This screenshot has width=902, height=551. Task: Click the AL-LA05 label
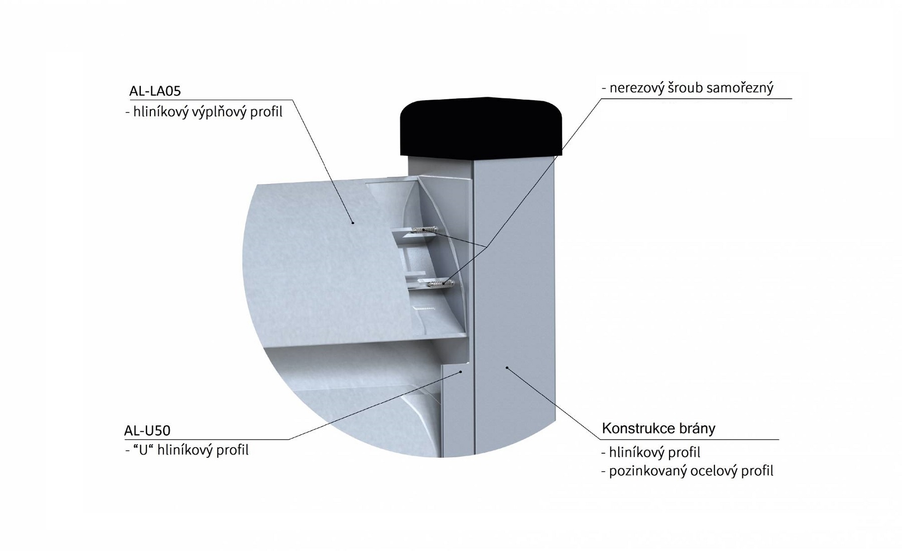tap(155, 91)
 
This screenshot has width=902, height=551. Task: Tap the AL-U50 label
tap(147, 431)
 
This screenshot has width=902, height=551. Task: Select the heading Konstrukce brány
tap(658, 429)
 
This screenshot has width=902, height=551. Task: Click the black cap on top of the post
tap(481, 126)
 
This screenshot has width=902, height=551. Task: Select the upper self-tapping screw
tap(425, 230)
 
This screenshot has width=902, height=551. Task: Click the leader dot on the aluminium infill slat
tap(352, 223)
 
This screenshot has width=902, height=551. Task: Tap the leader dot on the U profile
tap(461, 372)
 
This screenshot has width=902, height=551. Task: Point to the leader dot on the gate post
tap(507, 368)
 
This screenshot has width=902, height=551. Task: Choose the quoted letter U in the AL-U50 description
tap(143, 450)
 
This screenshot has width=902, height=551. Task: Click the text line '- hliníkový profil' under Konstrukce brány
tap(650, 453)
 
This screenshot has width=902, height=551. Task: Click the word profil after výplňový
tap(267, 112)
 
